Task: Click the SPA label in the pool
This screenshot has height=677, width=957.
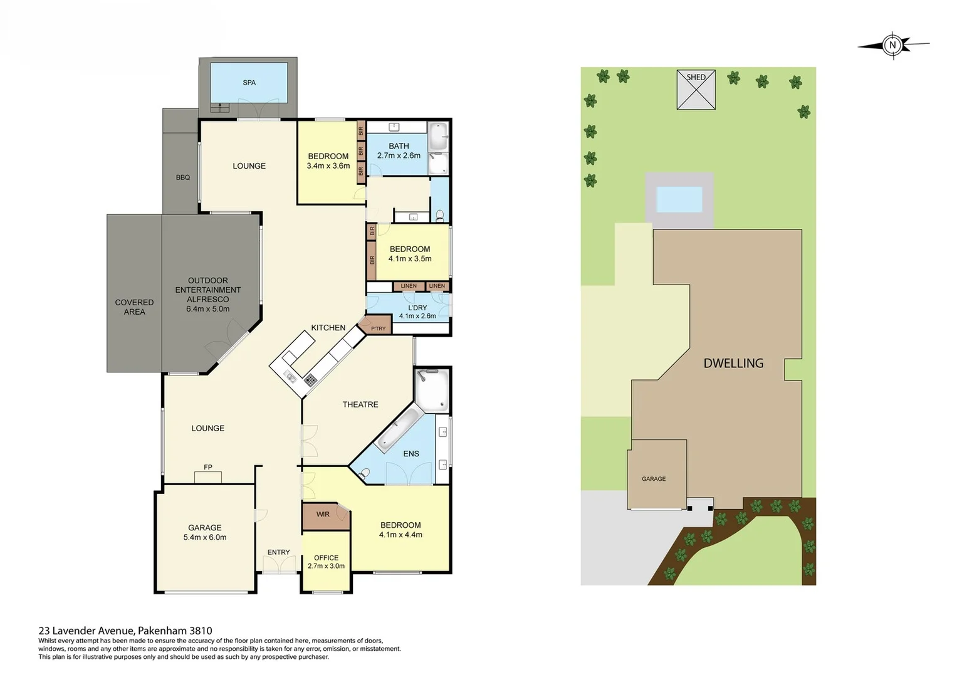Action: [249, 83]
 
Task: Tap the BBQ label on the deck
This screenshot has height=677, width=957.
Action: [182, 178]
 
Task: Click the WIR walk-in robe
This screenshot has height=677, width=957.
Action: [323, 515]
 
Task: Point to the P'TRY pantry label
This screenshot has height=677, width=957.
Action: [379, 328]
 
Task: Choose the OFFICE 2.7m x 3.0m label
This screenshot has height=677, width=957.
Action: [326, 562]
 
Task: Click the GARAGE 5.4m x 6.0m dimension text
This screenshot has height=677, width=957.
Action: [205, 537]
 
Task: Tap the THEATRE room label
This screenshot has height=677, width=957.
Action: [360, 405]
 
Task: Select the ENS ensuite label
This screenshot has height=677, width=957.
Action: [411, 454]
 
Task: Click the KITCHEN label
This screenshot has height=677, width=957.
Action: [328, 328]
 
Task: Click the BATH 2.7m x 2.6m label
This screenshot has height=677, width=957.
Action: [399, 151]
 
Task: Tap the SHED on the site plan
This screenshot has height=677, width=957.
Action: [696, 90]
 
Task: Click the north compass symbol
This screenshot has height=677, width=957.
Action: [893, 45]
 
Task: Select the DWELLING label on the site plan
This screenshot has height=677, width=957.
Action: [733, 364]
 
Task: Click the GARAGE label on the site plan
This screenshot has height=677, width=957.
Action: [654, 479]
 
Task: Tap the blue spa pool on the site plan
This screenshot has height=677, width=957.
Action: [679, 200]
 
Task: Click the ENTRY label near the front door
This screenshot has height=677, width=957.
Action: [279, 552]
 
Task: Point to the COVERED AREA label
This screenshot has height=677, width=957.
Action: [134, 307]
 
